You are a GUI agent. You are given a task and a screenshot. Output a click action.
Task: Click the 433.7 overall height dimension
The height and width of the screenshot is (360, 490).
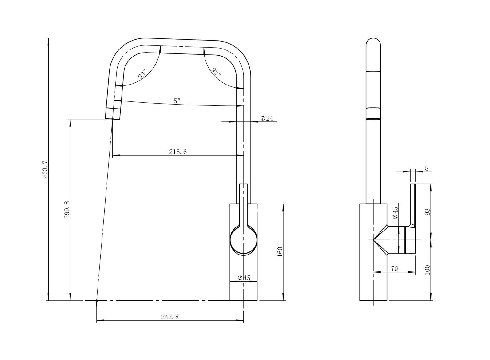point(45,169)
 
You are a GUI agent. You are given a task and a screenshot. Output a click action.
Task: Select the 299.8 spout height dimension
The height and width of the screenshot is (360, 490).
point(67,210)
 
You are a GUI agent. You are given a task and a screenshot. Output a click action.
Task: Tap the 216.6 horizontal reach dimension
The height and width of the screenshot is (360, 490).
point(178,152)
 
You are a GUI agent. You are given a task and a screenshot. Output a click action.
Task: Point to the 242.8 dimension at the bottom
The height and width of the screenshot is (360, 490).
point(170,317)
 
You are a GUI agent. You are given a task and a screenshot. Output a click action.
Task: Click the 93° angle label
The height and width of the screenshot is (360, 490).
point(142,74)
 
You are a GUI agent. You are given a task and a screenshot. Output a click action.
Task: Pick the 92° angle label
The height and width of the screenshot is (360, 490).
point(216,72)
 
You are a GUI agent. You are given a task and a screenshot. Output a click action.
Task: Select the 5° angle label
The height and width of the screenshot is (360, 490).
point(177,101)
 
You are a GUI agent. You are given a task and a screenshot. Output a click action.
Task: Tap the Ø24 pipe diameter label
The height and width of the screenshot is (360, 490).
point(266,118)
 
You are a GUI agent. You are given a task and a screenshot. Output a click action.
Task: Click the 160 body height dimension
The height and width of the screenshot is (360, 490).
point(280,252)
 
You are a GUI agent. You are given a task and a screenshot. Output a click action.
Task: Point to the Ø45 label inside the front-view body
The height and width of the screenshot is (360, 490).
point(244,278)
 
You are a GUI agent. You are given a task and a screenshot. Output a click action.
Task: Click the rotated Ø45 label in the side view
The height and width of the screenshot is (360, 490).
point(395,212)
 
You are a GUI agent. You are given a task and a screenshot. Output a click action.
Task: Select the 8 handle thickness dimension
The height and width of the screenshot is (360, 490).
point(426,168)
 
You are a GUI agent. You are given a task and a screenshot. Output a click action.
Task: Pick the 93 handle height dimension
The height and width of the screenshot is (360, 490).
point(428,212)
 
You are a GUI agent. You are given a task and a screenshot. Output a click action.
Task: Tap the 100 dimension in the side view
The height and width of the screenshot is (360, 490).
point(428,270)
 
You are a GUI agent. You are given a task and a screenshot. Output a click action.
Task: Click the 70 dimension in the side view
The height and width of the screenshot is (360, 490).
point(394,269)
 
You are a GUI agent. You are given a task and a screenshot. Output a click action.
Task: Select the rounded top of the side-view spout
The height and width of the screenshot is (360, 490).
point(373,42)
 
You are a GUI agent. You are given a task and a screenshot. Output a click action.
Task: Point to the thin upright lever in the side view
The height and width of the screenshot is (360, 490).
point(413,203)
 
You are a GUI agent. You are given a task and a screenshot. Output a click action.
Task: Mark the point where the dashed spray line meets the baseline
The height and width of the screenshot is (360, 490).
point(97,300)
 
